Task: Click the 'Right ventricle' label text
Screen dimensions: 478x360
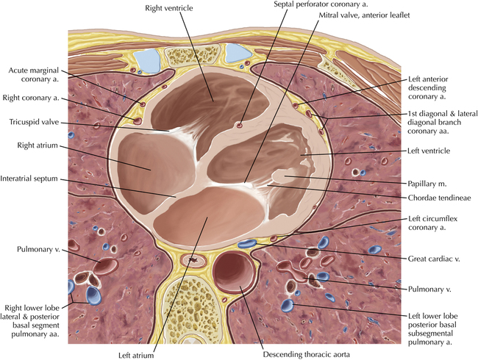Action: coord(169,8)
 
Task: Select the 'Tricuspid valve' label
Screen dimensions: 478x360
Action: coord(34,122)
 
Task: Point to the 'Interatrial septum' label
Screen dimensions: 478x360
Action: coord(29,179)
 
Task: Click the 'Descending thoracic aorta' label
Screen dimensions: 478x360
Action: coord(307,355)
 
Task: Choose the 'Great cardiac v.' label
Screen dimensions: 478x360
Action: coord(434,259)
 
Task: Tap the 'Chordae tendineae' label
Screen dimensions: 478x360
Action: coord(439,198)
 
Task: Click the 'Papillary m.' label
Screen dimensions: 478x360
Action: coord(427,184)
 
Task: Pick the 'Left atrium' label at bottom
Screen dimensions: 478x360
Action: coord(136,355)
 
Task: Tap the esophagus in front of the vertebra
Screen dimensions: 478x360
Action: coord(193,260)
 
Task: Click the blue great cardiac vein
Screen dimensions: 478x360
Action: coord(247,243)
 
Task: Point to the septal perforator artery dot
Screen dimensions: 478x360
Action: coord(240,125)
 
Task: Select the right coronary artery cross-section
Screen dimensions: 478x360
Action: coord(137,120)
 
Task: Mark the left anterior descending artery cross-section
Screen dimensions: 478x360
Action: coord(295,105)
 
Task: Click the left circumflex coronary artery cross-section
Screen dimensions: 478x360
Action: coord(274,239)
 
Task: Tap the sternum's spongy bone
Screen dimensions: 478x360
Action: coord(193,55)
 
